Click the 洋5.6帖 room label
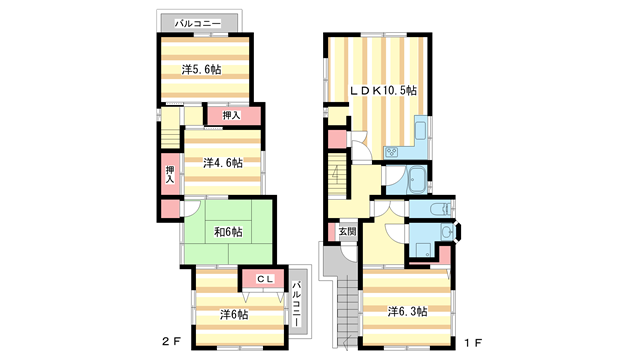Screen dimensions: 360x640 pyautogui.click(x=202, y=70)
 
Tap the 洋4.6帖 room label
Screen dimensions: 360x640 pyautogui.click(x=222, y=162)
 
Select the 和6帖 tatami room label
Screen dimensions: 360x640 pyautogui.click(x=227, y=232)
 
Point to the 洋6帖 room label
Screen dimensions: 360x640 pyautogui.click(x=234, y=314)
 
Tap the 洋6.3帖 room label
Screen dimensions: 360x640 pyautogui.click(x=407, y=312)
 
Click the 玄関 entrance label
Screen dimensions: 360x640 pyautogui.click(x=346, y=232)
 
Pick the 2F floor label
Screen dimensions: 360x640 pyautogui.click(x=170, y=342)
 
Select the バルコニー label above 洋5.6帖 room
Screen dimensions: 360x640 pyautogui.click(x=198, y=21)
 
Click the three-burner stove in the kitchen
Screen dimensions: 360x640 pyautogui.click(x=392, y=153)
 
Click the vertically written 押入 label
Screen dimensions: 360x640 pyautogui.click(x=170, y=175)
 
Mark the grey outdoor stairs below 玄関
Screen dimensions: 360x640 pyautogui.click(x=348, y=300)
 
